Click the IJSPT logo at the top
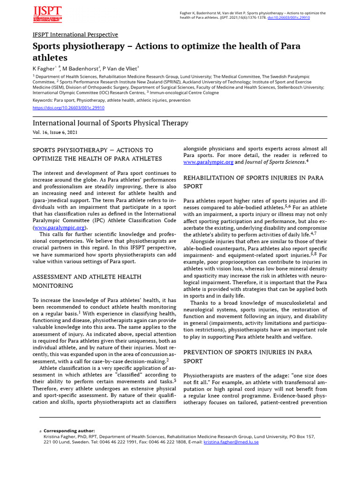[47, 15]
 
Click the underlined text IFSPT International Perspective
[75, 35]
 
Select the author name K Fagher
[43, 68]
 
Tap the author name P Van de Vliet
[120, 68]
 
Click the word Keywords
[43, 100]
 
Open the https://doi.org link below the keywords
[68, 107]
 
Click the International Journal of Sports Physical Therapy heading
[110, 123]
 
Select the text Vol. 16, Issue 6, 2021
[55, 133]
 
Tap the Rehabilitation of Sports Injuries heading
[253, 182]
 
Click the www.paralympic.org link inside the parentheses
[59, 227]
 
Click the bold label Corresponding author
[69, 431]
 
